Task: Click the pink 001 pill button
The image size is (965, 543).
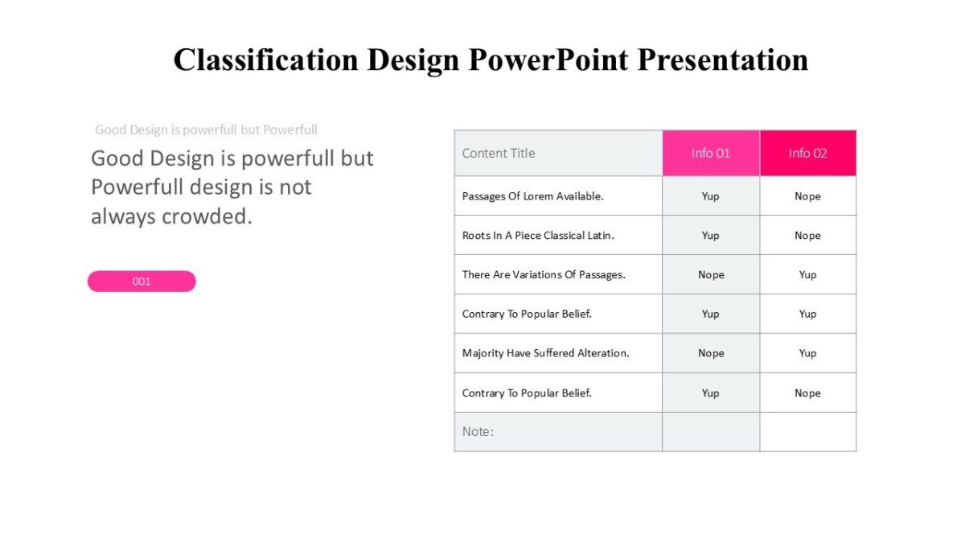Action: point(142,282)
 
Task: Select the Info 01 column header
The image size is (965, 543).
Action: point(711,153)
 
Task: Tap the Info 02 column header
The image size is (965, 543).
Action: point(807,153)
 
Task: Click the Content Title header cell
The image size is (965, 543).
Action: point(499,153)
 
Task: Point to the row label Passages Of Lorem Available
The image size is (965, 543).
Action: point(532,196)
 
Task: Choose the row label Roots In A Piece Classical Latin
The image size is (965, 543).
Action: point(538,236)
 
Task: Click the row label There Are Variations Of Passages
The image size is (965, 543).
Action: point(544,275)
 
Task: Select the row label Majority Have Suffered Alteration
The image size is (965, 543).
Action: point(545,353)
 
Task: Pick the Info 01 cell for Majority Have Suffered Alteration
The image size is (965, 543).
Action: point(711,353)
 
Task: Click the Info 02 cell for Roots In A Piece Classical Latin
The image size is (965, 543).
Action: point(807,236)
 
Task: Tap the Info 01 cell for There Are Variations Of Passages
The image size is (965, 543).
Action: point(711,275)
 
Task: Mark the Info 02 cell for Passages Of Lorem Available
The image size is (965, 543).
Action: point(807,196)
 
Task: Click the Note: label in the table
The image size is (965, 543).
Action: point(478,432)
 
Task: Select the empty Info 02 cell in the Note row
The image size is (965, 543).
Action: point(807,432)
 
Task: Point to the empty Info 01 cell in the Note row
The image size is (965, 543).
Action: point(711,432)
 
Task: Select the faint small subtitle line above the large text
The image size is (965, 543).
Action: point(206,130)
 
